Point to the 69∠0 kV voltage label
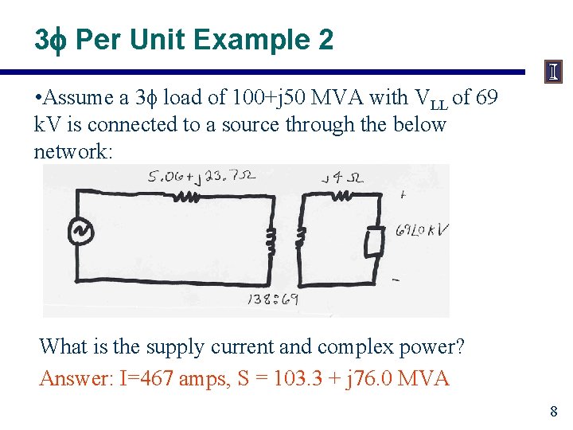pos(422,231)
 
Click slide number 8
pos(553,412)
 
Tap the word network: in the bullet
pos(73,150)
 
